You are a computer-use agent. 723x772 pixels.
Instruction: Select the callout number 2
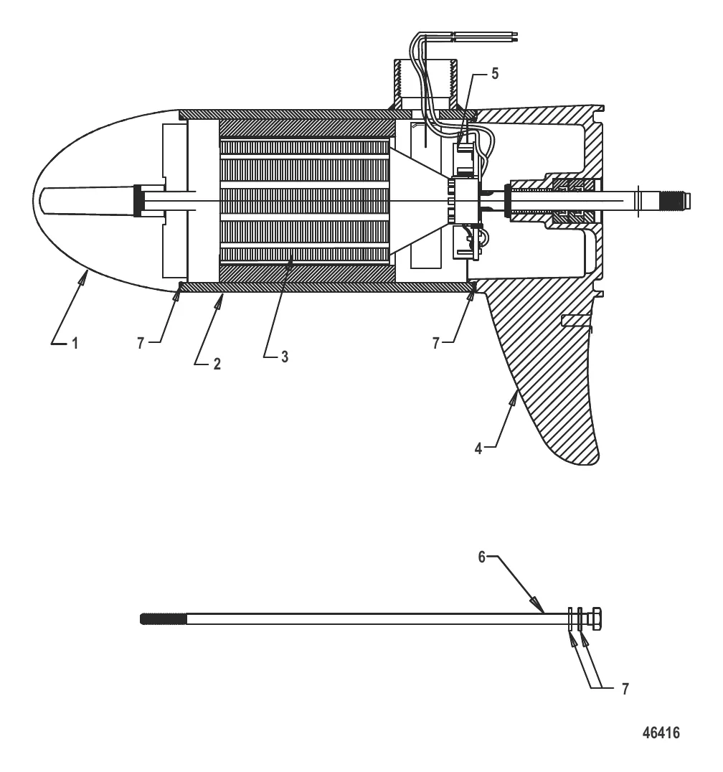pos(217,364)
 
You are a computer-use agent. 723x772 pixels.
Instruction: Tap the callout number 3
pos(285,357)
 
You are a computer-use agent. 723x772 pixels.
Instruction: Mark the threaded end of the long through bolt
pos(164,618)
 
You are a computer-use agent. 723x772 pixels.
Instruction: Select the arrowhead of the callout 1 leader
pos(85,272)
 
